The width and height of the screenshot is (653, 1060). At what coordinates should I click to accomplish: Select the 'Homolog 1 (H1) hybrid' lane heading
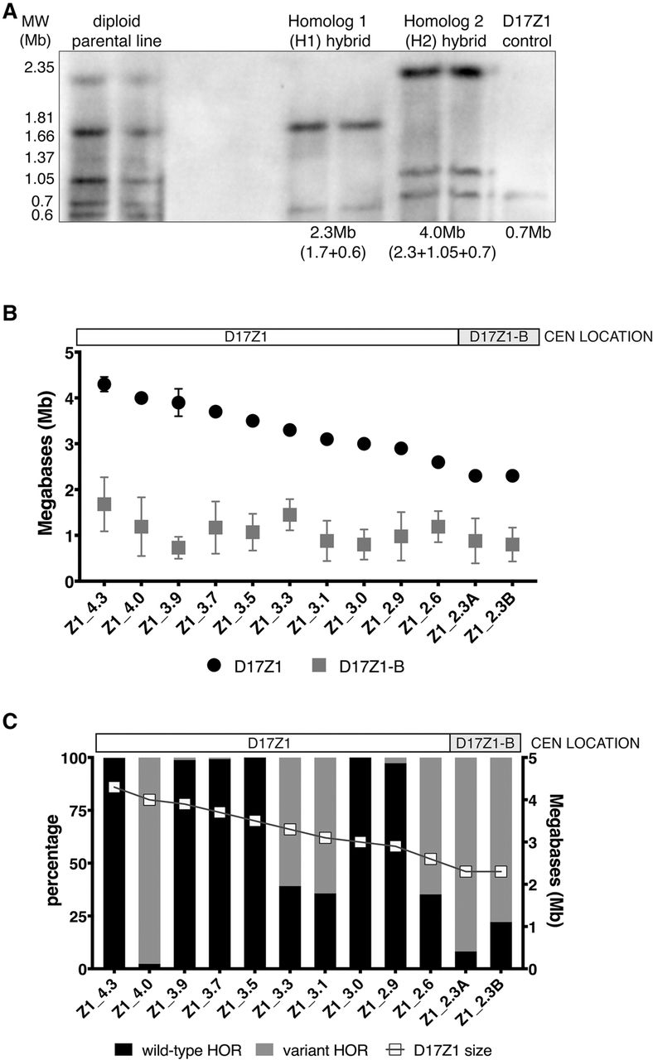331,29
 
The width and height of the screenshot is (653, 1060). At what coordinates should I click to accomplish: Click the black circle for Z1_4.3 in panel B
104,383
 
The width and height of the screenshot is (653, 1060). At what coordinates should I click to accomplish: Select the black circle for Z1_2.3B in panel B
512,475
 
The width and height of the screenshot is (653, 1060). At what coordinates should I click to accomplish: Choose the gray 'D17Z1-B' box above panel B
498,336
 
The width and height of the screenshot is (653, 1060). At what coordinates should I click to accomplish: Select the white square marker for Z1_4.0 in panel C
149,799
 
